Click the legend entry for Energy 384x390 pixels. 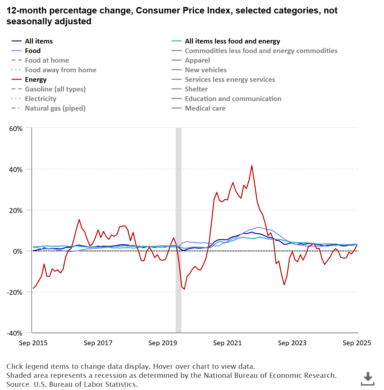(x=36, y=80)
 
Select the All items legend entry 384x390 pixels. (x=39, y=41)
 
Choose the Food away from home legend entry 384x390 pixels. (x=60, y=70)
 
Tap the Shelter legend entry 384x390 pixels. (x=196, y=89)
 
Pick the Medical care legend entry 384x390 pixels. (x=205, y=108)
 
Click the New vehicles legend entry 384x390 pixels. (x=205, y=70)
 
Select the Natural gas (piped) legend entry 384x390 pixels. (x=55, y=108)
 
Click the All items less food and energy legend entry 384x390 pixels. (x=232, y=41)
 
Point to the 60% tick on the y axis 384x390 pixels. (x=16, y=129)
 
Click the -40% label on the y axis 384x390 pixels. (x=15, y=333)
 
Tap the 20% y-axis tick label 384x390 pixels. (x=16, y=210)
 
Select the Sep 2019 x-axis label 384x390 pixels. (x=163, y=343)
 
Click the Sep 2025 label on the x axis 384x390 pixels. (x=357, y=343)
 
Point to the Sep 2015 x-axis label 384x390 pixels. (x=33, y=343)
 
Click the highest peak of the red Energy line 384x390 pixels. (x=252, y=166)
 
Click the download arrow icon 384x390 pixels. (x=368, y=378)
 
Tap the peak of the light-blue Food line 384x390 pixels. (x=257, y=227)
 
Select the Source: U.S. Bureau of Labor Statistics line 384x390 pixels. (x=72, y=384)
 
